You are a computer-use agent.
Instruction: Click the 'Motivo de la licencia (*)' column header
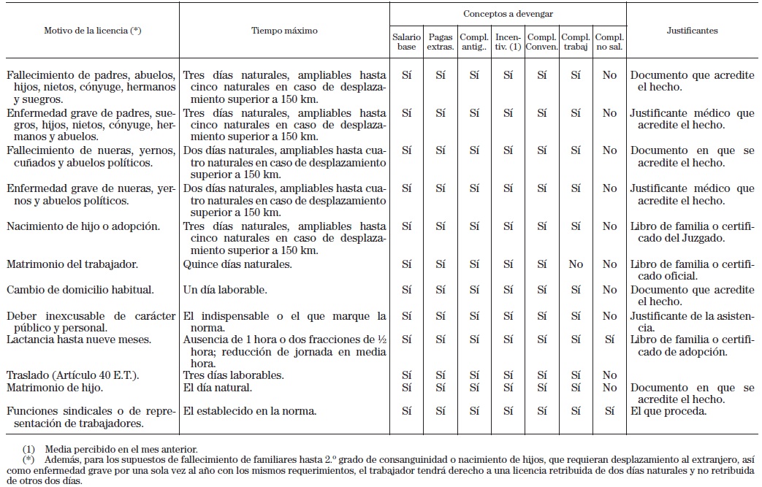pos(92,31)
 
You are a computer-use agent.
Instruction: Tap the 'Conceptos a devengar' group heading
pos(508,13)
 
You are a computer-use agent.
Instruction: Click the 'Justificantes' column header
pos(692,31)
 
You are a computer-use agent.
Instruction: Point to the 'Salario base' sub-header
pos(407,42)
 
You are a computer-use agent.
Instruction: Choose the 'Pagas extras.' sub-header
pos(441,42)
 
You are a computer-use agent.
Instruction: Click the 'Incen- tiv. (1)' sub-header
pos(508,42)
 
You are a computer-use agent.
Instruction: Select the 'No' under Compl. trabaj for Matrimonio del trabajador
pos(576,264)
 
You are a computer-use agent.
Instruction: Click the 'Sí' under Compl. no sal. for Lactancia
pos(609,340)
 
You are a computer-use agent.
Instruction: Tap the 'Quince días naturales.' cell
pos(237,264)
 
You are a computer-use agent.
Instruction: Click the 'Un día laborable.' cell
pos(225,289)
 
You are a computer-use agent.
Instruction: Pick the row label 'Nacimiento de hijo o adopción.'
pos(83,226)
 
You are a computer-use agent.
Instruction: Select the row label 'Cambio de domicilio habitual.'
pos(80,289)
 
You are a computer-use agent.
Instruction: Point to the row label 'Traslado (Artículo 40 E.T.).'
pos(73,375)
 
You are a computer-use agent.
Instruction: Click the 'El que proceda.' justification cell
pos(668,411)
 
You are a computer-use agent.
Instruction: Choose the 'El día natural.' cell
pos(218,387)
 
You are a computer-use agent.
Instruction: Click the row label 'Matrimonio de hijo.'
pos(56,387)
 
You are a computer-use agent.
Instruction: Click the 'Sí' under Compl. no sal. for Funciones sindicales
pos(609,411)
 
